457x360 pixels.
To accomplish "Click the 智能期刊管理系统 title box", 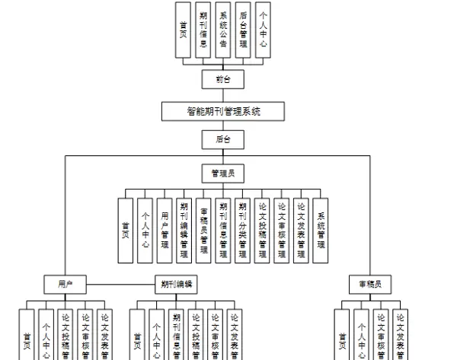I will (223, 111).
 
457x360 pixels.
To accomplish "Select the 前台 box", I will (222, 78).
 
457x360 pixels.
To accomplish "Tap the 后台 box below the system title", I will (222, 139).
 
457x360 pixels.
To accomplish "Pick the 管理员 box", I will (222, 173).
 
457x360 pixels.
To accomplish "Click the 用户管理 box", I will (165, 231).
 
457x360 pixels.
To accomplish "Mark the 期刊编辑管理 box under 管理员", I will (184, 231).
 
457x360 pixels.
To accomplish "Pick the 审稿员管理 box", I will (203, 231).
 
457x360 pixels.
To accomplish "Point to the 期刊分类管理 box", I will (242, 231).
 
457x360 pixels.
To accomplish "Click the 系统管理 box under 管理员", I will (321, 231).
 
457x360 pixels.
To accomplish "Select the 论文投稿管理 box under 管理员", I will (262, 231).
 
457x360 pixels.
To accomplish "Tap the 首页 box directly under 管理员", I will (126, 231).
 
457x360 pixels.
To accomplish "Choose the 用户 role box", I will (65, 285).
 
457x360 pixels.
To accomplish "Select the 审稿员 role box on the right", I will (369, 285).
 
